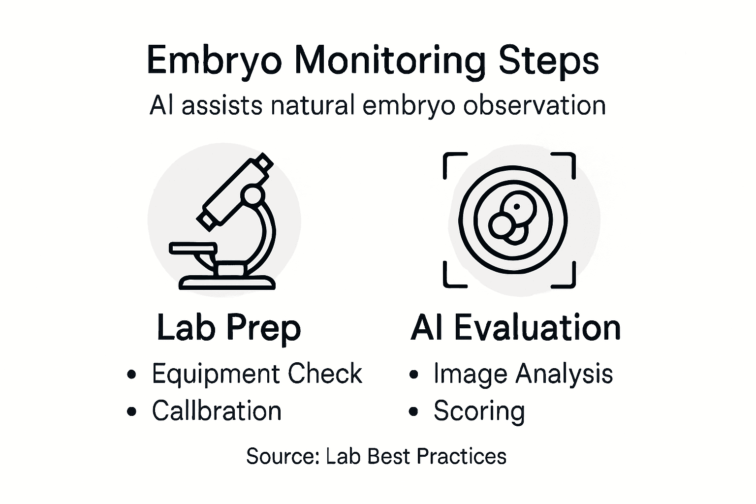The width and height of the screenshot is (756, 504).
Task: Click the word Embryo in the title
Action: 215,61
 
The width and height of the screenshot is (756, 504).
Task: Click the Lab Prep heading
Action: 228,328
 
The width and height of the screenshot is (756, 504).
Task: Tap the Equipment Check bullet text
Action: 256,374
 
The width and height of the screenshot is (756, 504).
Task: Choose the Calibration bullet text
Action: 217,411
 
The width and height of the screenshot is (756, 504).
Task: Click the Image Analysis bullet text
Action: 523,374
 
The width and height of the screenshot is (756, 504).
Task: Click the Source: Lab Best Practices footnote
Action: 376,456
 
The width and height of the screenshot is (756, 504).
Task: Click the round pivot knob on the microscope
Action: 253,195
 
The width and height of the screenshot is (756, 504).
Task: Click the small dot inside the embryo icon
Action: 516,207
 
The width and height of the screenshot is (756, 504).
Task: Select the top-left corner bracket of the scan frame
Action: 450,160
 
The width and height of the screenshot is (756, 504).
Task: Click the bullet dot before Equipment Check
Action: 131,375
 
